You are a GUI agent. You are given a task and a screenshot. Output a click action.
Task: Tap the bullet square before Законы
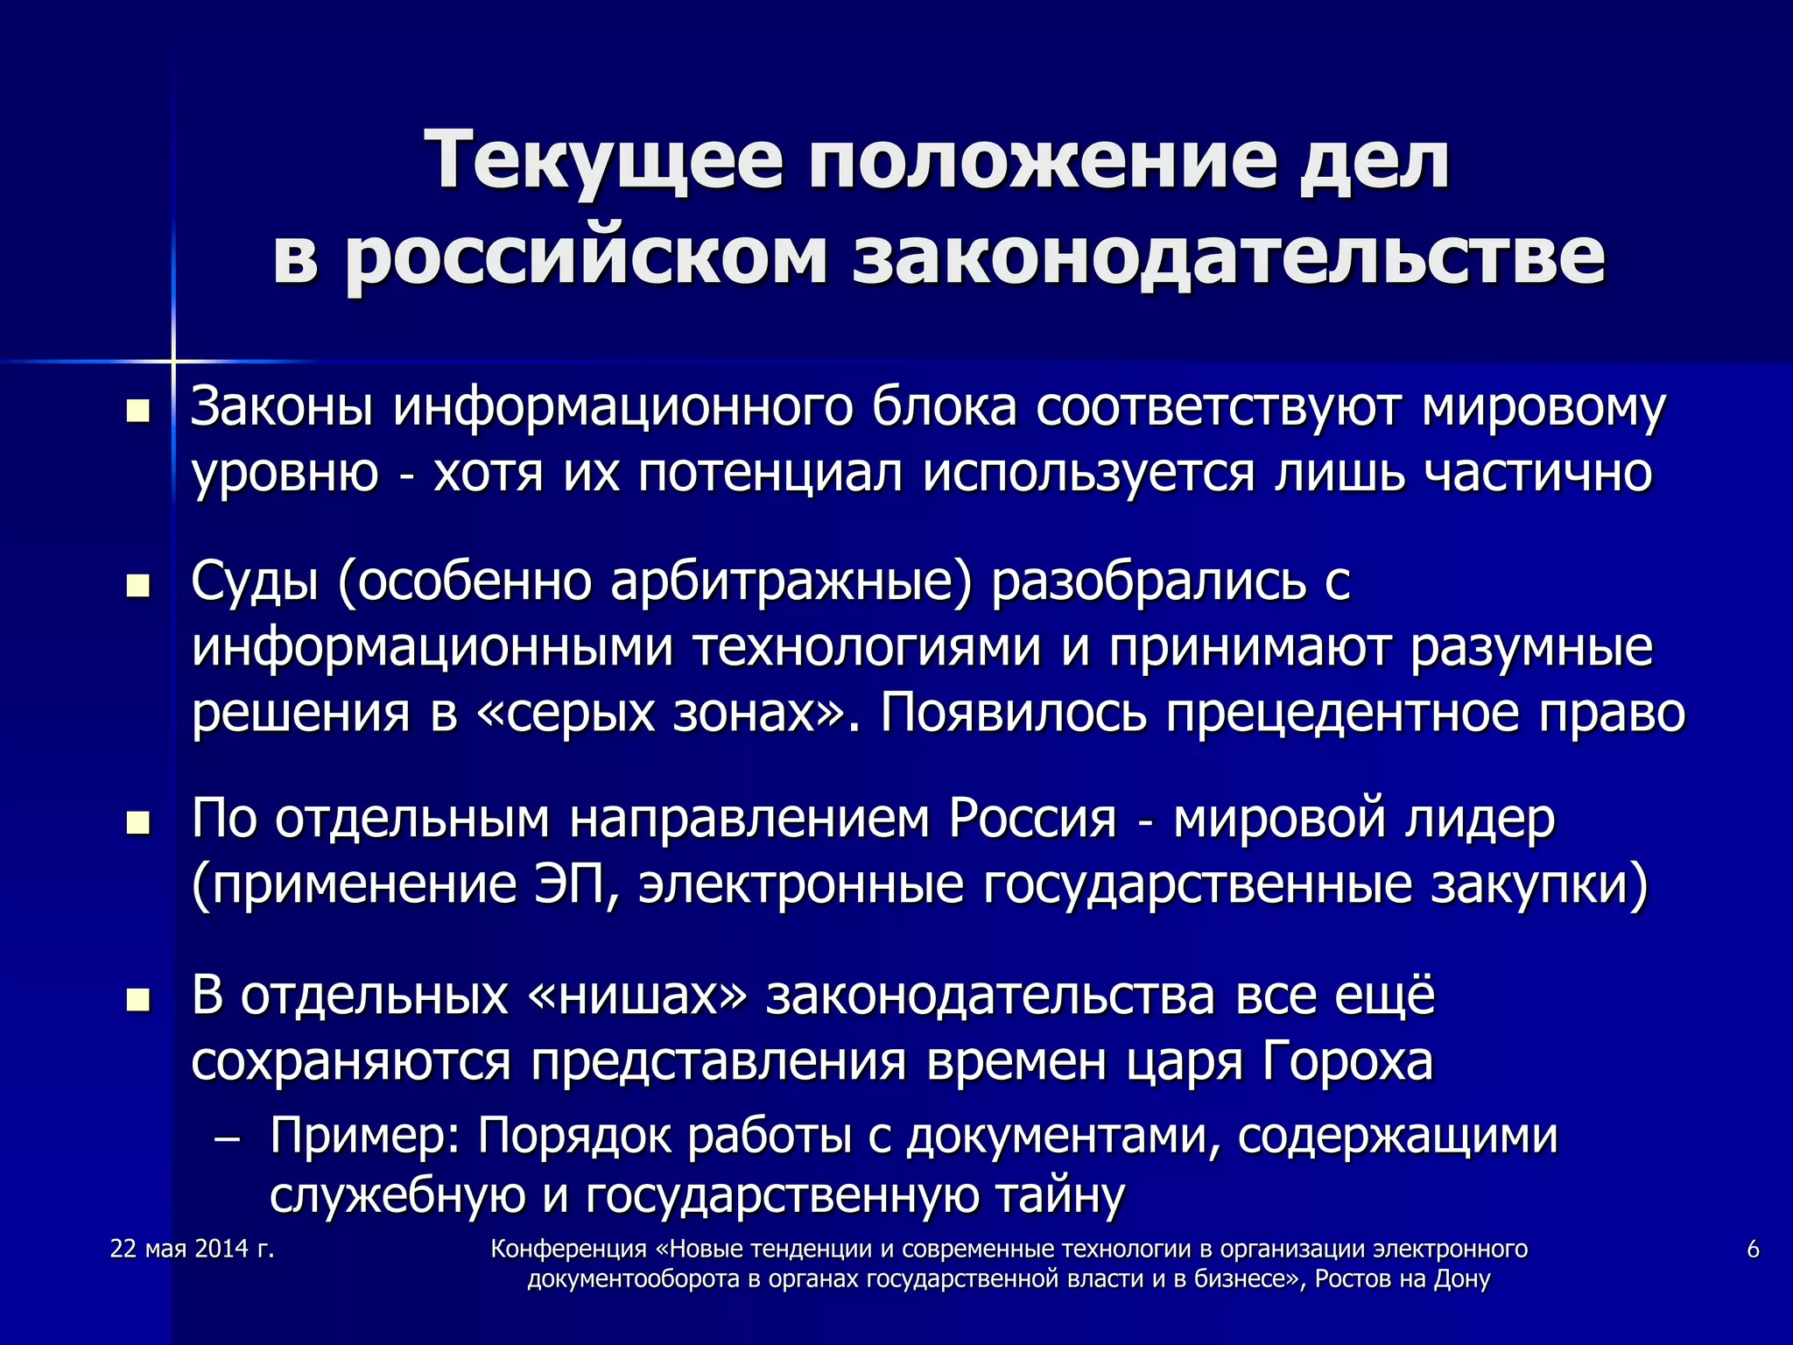pyautogui.click(x=138, y=411)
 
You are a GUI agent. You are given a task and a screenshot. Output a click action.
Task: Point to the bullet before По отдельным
pyautogui.click(x=138, y=823)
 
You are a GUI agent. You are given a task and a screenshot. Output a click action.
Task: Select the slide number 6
pyautogui.click(x=1753, y=1249)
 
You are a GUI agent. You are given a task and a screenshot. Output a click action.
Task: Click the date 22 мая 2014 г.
pyautogui.click(x=193, y=1249)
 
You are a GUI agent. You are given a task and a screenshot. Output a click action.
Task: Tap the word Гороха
pyautogui.click(x=1347, y=1061)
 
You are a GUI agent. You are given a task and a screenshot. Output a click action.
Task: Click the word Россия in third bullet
pyautogui.click(x=1033, y=820)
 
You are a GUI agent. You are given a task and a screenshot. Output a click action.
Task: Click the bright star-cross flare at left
pyautogui.click(x=173, y=360)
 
